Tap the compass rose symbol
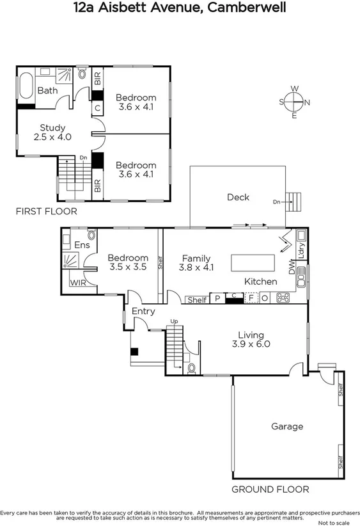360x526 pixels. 294,102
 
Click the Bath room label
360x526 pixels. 47,91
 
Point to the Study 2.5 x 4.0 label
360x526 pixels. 52,132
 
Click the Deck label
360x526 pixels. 238,197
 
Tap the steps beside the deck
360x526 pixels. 293,202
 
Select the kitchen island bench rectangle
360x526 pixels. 253,263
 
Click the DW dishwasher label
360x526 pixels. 292,271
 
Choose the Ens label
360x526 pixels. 82,244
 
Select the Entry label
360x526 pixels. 143,311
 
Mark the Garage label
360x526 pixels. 287,426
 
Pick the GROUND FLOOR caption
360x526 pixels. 270,490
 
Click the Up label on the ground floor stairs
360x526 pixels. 173,321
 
